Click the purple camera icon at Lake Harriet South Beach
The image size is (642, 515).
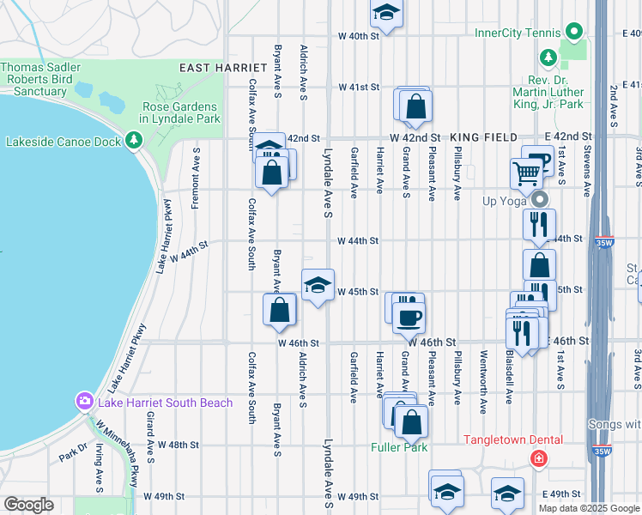84,401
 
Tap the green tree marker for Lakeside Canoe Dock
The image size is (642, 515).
133,140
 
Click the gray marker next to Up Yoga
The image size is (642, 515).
540,199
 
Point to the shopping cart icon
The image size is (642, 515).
525,173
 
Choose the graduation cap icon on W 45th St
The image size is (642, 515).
317,284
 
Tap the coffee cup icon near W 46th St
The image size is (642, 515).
409,317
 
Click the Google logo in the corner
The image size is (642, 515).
28,505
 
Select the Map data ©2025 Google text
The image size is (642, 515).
589,507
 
